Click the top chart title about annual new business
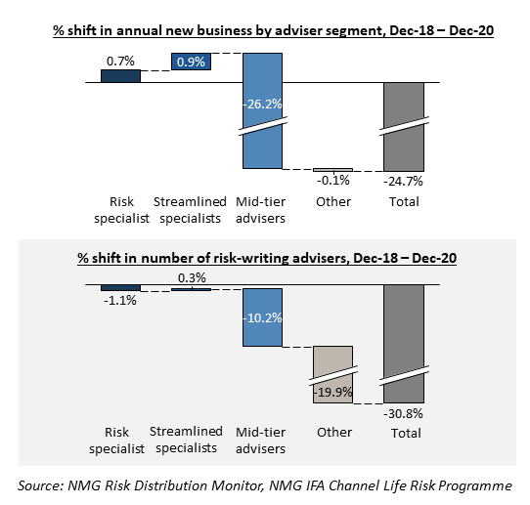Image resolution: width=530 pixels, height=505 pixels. pyautogui.click(x=273, y=30)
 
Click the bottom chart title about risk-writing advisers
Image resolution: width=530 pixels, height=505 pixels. pyautogui.click(x=267, y=258)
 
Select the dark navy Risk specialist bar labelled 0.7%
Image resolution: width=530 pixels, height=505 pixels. pyautogui.click(x=120, y=76)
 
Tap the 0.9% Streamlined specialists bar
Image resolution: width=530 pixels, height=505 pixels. pyautogui.click(x=191, y=62)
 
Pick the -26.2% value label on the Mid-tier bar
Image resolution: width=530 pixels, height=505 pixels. pyautogui.click(x=262, y=104)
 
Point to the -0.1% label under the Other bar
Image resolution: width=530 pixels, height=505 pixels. pyautogui.click(x=333, y=181)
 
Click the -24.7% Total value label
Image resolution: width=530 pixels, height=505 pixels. pyautogui.click(x=403, y=182)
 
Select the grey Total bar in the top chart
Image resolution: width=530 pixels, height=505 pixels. pyautogui.click(x=404, y=127)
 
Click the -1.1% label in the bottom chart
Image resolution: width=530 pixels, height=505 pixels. pyautogui.click(x=120, y=300)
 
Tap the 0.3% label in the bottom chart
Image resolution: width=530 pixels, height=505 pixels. pyautogui.click(x=192, y=277)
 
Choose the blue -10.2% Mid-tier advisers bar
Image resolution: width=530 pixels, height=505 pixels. pyautogui.click(x=262, y=317)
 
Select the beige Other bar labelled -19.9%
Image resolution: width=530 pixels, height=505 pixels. pyautogui.click(x=332, y=374)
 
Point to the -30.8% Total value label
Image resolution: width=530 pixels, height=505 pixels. pyautogui.click(x=403, y=413)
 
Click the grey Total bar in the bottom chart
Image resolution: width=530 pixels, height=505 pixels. pyautogui.click(x=404, y=344)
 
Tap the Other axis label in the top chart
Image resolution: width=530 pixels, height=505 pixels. pyautogui.click(x=333, y=202)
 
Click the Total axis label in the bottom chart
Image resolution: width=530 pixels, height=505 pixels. pyautogui.click(x=406, y=433)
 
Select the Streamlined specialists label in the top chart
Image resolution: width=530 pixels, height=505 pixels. pyautogui.click(x=190, y=210)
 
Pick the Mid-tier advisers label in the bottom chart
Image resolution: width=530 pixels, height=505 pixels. pyautogui.click(x=261, y=441)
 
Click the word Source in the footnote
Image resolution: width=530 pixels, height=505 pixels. pyautogui.click(x=40, y=485)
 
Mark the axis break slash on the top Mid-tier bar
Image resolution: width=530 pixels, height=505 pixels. pyautogui.click(x=263, y=126)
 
